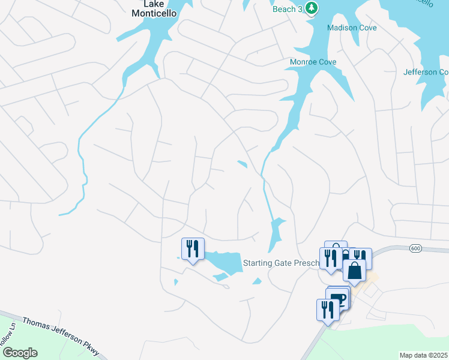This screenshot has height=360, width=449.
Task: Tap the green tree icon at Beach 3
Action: pos(311,8)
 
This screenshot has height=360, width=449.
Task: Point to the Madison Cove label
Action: pos(352,28)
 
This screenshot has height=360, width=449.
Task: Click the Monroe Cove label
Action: pos(313,62)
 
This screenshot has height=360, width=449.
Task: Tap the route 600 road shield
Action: pos(415,248)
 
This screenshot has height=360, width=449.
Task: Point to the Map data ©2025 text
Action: pos(423,355)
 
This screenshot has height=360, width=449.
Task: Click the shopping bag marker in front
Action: pos(354,271)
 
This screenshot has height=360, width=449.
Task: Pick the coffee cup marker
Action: pos(340,297)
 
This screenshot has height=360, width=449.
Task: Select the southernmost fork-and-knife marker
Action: pos(327,310)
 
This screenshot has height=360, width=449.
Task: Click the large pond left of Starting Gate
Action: pos(225,262)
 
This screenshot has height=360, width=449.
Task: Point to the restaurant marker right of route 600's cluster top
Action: pos(361,257)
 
